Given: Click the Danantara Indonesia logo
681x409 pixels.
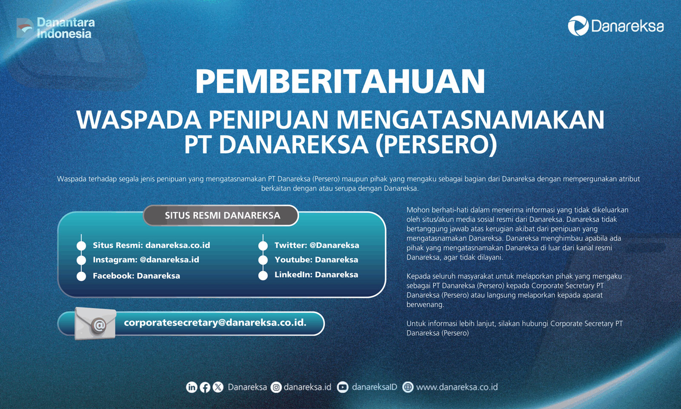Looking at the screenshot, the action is pyautogui.click(x=56, y=28).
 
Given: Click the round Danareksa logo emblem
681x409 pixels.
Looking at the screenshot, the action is pyautogui.click(x=578, y=26).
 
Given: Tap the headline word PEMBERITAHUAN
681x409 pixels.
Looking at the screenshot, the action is pyautogui.click(x=340, y=81).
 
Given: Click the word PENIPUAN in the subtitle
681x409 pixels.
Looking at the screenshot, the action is pyautogui.click(x=268, y=120).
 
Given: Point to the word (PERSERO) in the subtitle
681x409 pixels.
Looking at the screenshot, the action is pyautogui.click(x=436, y=145).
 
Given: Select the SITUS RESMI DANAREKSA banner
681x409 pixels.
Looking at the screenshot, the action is pyautogui.click(x=221, y=216).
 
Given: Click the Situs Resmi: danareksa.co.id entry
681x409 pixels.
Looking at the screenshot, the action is pyautogui.click(x=152, y=245).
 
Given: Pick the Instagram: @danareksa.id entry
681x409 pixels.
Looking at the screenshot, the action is pyautogui.click(x=146, y=260).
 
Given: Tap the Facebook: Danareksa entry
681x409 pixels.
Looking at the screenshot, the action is pyautogui.click(x=136, y=276).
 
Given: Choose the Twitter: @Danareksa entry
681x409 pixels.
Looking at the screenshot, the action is pyautogui.click(x=317, y=245).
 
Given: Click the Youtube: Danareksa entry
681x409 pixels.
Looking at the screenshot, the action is pyautogui.click(x=316, y=260).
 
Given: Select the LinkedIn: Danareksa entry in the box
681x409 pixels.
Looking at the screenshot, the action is pyautogui.click(x=316, y=274).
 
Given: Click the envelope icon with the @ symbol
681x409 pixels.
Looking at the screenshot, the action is pyautogui.click(x=95, y=323).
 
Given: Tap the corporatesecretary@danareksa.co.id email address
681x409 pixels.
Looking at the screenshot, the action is pyautogui.click(x=215, y=323).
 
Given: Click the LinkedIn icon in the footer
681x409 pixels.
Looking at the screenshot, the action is pyautogui.click(x=192, y=387).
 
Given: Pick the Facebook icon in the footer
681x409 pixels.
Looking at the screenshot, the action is pyautogui.click(x=205, y=387).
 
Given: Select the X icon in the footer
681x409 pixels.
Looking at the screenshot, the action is pyautogui.click(x=218, y=387).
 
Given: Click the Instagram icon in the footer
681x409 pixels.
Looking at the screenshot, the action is pyautogui.click(x=276, y=387).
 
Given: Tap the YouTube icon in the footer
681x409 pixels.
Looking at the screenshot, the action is pyautogui.click(x=343, y=387).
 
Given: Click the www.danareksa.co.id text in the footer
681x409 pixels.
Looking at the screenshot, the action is pyautogui.click(x=457, y=387).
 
